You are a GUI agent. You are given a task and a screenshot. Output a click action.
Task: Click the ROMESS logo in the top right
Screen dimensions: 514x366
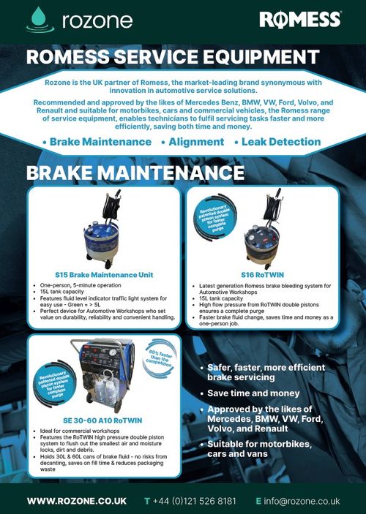point(300,20)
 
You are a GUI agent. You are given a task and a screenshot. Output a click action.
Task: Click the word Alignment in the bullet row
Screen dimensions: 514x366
point(196,141)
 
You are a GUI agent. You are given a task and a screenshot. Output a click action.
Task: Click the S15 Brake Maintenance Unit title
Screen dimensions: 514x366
point(105,276)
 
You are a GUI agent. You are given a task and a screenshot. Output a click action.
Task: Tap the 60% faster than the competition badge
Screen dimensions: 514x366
point(164,361)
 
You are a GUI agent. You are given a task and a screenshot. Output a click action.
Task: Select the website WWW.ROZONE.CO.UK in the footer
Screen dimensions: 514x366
point(77,501)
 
